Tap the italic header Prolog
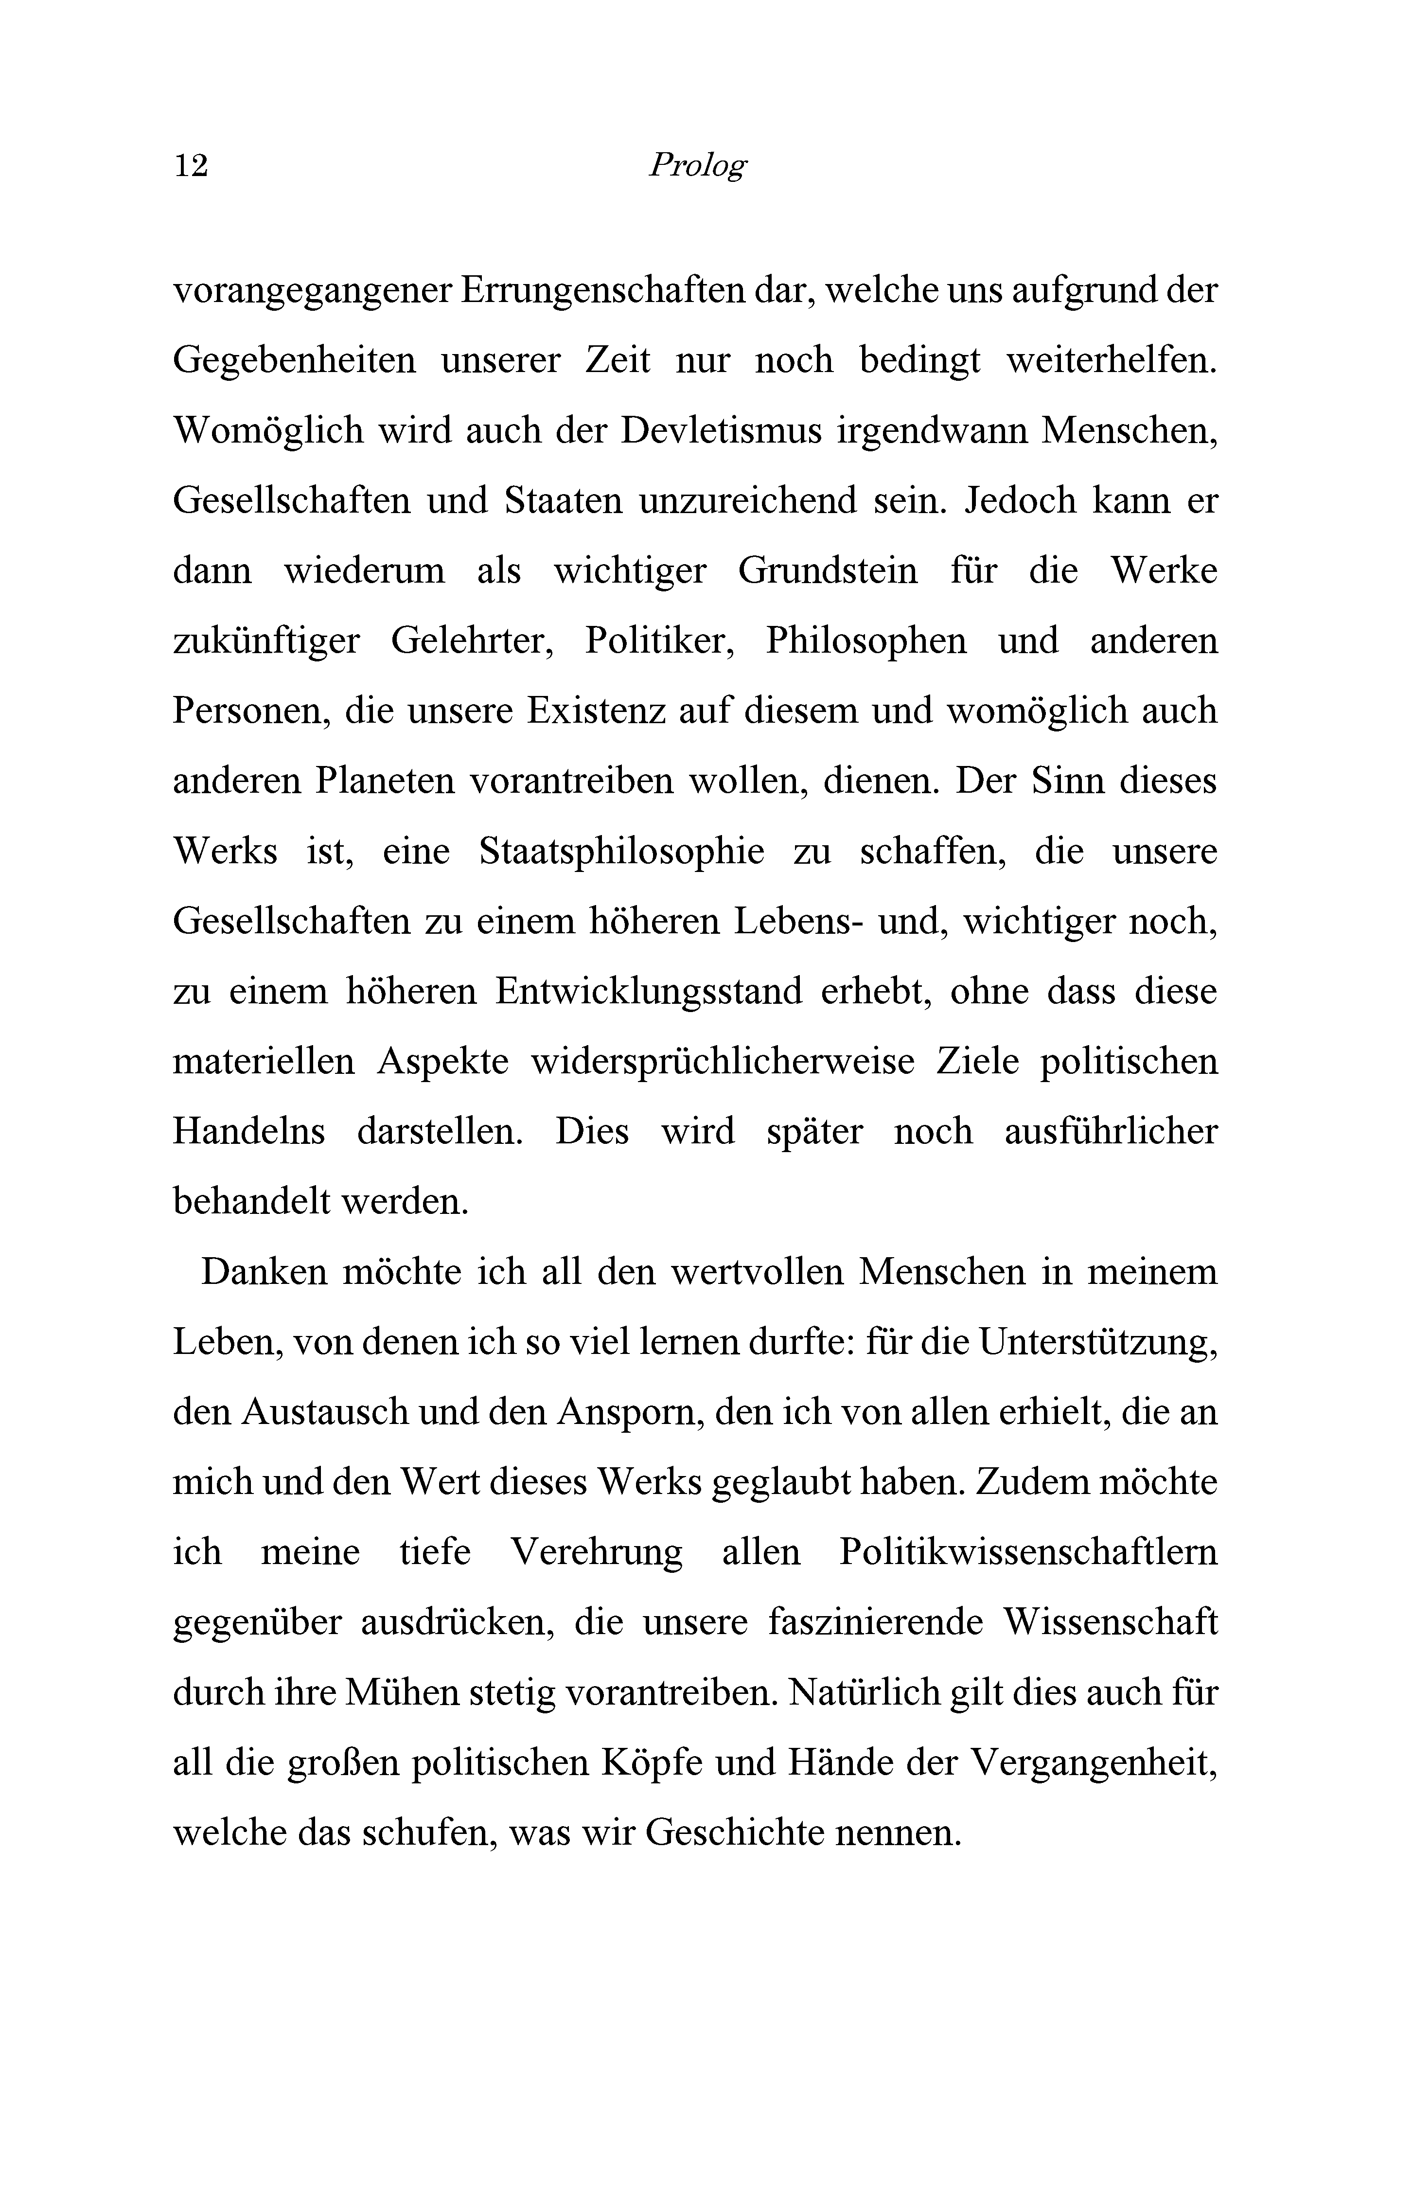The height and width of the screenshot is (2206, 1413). point(697,165)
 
